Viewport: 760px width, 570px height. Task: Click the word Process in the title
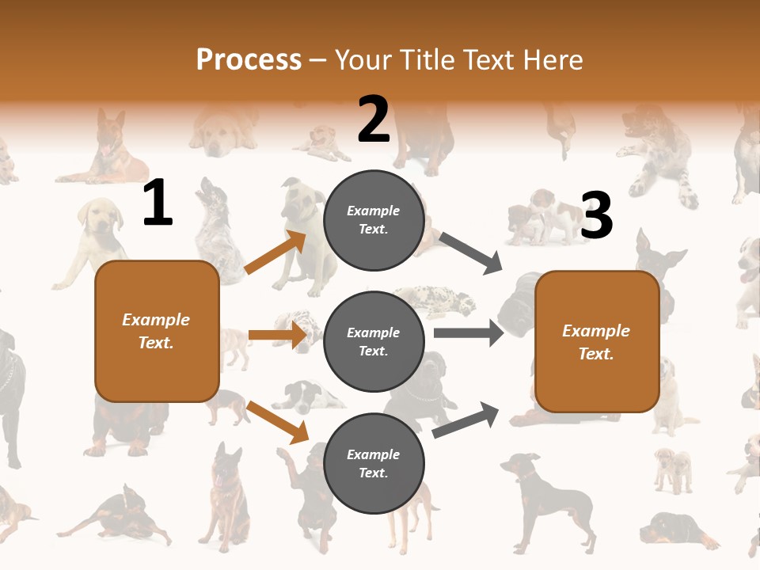[249, 59]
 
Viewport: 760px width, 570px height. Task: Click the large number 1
[158, 203]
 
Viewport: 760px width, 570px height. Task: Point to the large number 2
[374, 120]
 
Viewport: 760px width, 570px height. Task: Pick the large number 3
[597, 216]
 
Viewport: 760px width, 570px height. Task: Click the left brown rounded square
[157, 331]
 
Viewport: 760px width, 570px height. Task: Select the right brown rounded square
[597, 342]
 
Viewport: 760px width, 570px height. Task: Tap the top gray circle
[374, 220]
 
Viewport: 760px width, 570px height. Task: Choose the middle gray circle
[374, 342]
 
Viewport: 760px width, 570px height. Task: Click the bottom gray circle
[374, 464]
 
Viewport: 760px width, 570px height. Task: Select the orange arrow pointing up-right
[275, 253]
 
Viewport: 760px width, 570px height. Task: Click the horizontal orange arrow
[277, 335]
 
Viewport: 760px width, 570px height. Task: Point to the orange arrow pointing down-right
[277, 421]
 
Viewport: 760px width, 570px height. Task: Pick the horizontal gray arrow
[468, 333]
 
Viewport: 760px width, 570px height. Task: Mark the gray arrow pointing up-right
[465, 420]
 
